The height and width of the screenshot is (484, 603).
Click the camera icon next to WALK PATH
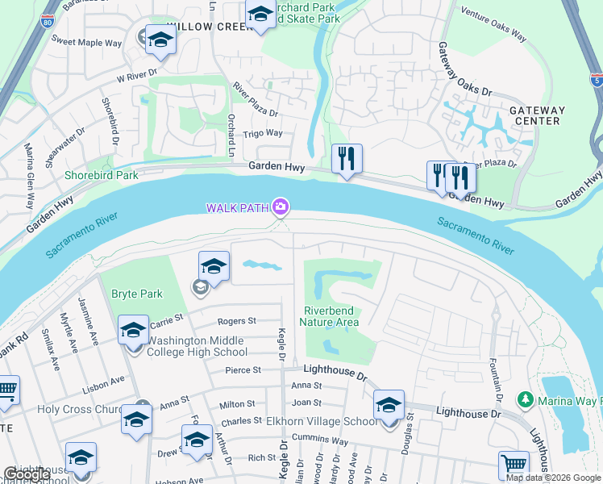click(280, 207)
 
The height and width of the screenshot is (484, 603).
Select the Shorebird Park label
click(102, 175)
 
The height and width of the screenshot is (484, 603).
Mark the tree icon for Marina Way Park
click(525, 399)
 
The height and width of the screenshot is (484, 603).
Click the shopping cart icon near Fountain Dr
click(514, 465)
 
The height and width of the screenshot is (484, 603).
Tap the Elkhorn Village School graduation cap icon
click(389, 405)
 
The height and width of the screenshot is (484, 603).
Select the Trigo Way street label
click(263, 133)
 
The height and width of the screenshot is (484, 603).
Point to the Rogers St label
click(236, 320)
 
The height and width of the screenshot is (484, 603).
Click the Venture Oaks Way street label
click(493, 24)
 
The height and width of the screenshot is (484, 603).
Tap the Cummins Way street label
click(320, 440)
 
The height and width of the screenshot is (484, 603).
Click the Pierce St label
click(243, 370)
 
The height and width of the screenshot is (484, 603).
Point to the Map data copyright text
click(553, 477)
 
